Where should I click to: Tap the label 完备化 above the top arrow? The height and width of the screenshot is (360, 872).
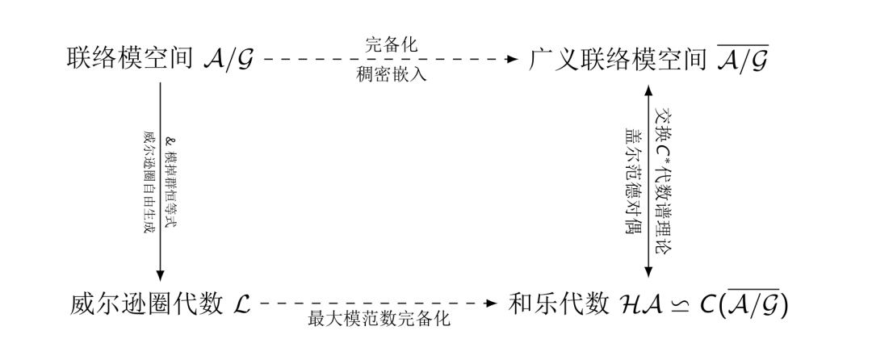(x=391, y=45)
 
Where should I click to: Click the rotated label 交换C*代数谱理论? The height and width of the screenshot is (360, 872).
(x=664, y=182)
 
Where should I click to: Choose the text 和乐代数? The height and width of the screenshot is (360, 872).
(x=558, y=304)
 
